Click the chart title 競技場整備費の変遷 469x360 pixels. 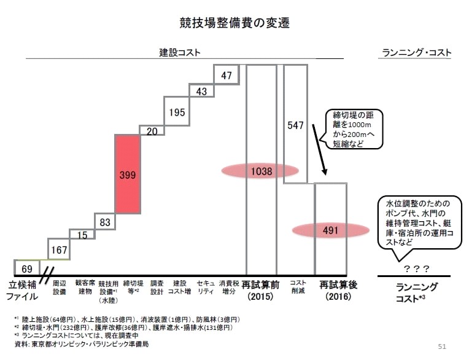point(234,23)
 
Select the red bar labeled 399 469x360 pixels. point(128,174)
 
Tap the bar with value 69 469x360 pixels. point(26,268)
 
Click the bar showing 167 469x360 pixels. point(59,250)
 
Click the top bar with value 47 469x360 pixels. point(226,76)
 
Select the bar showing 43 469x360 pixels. point(201,90)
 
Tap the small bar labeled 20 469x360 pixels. point(152,131)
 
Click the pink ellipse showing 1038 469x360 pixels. point(262,172)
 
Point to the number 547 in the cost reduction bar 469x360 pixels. point(295,125)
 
